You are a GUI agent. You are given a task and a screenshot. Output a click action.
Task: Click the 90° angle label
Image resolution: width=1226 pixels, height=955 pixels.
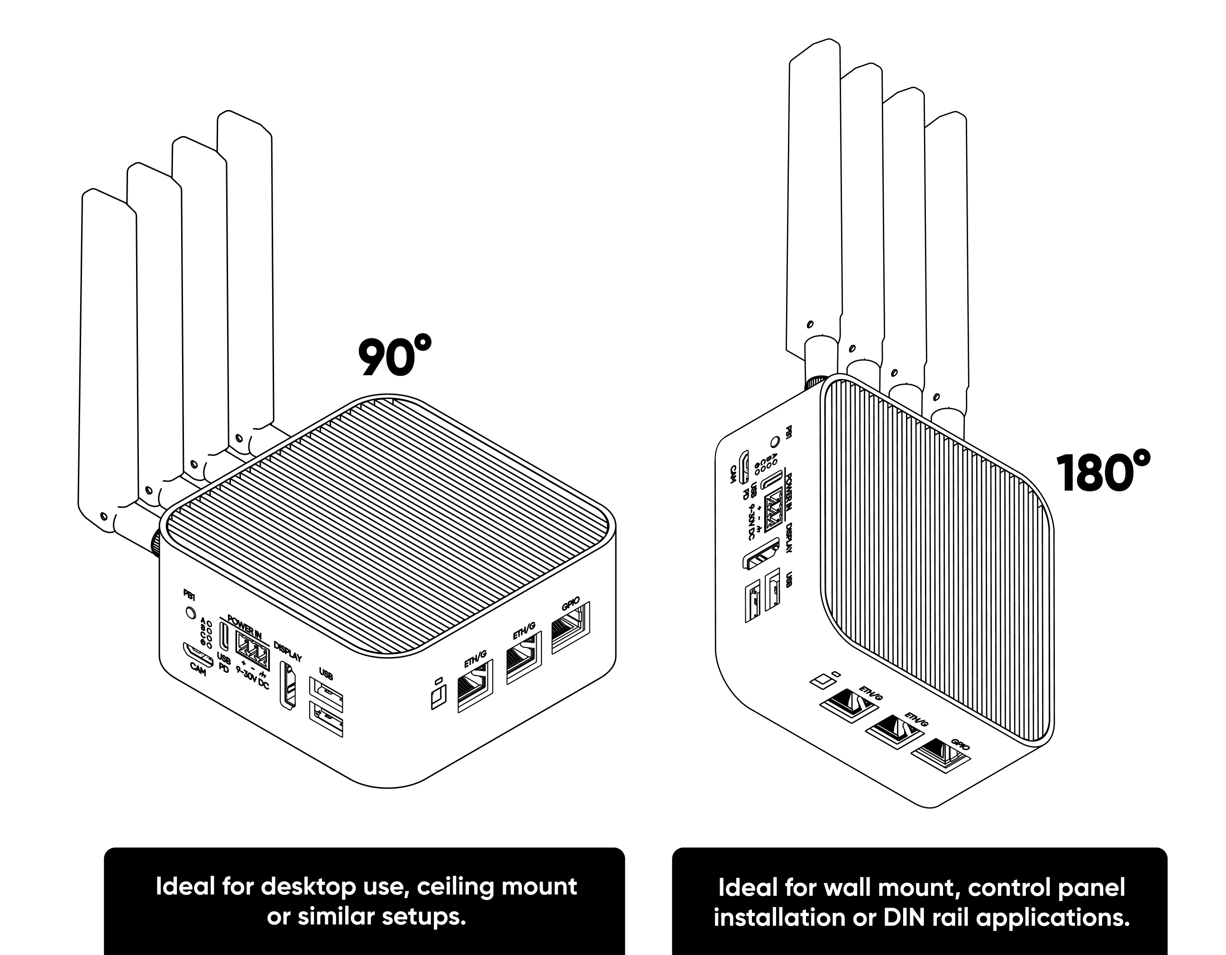[x=394, y=357]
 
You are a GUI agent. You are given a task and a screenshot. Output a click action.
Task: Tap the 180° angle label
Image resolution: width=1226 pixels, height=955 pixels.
[x=1103, y=473]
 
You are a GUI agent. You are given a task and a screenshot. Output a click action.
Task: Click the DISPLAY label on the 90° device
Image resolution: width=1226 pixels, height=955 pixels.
[x=287, y=650]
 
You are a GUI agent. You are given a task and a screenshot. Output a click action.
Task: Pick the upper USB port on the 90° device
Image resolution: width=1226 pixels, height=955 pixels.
[x=326, y=695]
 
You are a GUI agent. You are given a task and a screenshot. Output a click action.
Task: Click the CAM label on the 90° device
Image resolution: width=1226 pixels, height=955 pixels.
[x=198, y=669]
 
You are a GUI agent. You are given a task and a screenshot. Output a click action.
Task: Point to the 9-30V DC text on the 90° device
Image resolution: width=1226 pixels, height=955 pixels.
[x=253, y=677]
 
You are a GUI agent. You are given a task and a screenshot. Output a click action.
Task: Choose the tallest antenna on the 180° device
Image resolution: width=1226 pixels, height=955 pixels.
[x=814, y=196]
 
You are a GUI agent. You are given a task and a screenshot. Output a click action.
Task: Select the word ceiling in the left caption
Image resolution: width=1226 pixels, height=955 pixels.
[x=451, y=887]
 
